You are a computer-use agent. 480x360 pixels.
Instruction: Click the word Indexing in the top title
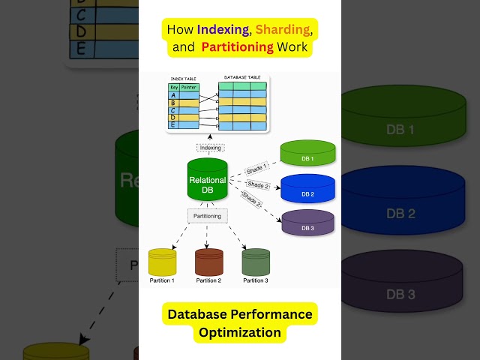point(223,30)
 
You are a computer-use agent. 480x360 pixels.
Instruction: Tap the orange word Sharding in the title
point(282,30)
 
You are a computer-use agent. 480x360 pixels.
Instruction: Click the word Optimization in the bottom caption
point(239,332)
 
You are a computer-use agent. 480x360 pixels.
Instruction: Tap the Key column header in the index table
point(173,87)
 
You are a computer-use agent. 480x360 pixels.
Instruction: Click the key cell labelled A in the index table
point(173,95)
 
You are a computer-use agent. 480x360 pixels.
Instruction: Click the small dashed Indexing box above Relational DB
point(210,148)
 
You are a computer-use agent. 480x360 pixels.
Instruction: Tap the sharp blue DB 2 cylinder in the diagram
point(307,188)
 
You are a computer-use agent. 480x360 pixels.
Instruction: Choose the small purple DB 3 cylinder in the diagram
point(307,222)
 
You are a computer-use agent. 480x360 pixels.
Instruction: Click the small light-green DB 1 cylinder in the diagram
point(307,153)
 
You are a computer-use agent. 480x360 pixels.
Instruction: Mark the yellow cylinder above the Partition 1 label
point(162,262)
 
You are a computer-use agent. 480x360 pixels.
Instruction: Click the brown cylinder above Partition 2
point(208,262)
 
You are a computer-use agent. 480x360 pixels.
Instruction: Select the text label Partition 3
point(256,280)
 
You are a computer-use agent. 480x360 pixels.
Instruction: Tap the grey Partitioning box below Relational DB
point(207,216)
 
